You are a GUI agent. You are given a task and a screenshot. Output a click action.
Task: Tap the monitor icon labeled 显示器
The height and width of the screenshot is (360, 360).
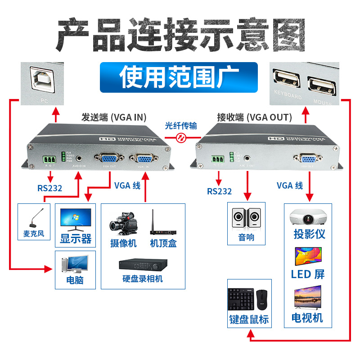[x=75, y=219]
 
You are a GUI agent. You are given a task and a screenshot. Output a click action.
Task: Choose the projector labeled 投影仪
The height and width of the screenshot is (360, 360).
[x=308, y=217]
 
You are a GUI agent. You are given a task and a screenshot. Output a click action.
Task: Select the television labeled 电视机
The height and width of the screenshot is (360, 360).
[x=308, y=297]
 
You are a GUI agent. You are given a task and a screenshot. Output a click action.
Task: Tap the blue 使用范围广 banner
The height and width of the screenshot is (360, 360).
[x=179, y=77]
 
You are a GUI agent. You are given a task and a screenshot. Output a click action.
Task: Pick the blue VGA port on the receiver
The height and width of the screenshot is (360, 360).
[x=307, y=158]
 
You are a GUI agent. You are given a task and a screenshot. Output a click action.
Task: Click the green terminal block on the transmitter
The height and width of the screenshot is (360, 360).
[x=50, y=159]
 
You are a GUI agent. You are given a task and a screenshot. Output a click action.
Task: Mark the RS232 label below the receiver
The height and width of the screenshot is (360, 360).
[x=219, y=191]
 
